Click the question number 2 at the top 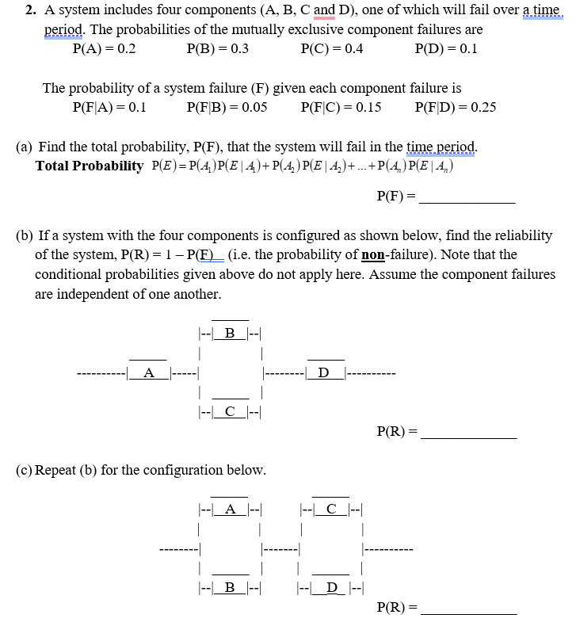click(x=29, y=11)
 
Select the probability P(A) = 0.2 click(x=104, y=48)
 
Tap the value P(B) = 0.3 click(x=217, y=48)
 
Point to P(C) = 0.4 click(x=332, y=48)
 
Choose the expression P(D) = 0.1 click(x=446, y=48)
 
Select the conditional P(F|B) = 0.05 click(x=226, y=107)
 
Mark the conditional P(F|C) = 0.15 click(x=341, y=107)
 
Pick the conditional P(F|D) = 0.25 click(x=455, y=107)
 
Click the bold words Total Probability click(x=90, y=166)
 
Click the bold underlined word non click(x=372, y=254)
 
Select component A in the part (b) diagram click(x=148, y=372)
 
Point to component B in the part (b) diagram click(x=230, y=333)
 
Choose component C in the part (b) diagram click(x=230, y=411)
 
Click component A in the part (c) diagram click(x=230, y=510)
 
